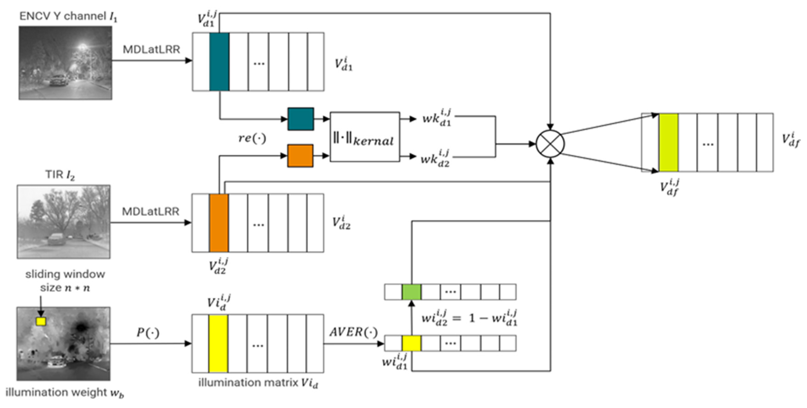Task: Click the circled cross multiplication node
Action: (x=550, y=144)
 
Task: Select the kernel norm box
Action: (x=365, y=137)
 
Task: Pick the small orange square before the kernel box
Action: (x=300, y=156)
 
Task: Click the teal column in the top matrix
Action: (x=219, y=62)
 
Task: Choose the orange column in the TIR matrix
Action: (x=219, y=223)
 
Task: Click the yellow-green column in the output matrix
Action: (x=669, y=142)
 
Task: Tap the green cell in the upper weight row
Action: (x=411, y=292)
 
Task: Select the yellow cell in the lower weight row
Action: (x=411, y=343)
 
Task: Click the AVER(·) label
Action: (x=353, y=332)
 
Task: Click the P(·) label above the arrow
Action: (x=148, y=332)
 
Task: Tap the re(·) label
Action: (x=252, y=138)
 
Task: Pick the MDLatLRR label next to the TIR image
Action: (x=150, y=212)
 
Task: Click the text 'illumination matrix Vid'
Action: (x=258, y=383)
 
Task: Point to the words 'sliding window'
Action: (x=65, y=274)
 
